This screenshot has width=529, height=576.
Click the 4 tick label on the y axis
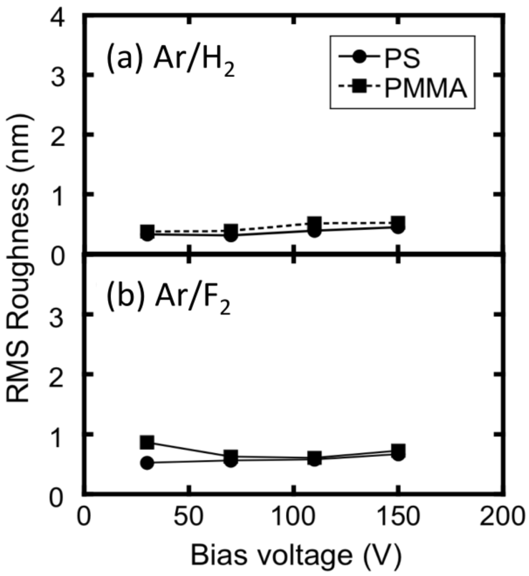click(x=67, y=17)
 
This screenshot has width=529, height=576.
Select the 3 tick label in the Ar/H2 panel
click(x=67, y=76)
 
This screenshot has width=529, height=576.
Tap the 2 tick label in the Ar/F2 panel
click(x=67, y=374)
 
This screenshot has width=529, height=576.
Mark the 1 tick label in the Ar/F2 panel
click(x=67, y=433)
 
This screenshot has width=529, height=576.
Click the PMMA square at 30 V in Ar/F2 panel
click(x=147, y=442)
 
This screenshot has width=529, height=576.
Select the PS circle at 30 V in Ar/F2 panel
click(x=147, y=463)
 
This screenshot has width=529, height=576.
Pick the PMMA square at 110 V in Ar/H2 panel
click(x=315, y=224)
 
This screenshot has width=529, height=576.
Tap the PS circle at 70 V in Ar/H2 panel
click(x=231, y=236)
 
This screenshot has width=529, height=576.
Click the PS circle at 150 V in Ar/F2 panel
click(x=398, y=455)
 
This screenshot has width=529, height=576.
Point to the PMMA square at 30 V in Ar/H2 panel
click(x=147, y=230)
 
